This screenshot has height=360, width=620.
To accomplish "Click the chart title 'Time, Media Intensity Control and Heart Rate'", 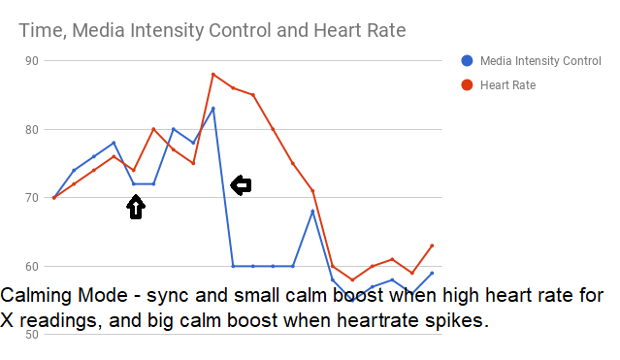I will [x=212, y=31].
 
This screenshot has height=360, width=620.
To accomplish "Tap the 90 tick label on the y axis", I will [x=32, y=61].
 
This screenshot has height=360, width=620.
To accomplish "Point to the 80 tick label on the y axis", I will [x=32, y=129].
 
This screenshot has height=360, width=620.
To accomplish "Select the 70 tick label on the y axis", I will [x=32, y=198].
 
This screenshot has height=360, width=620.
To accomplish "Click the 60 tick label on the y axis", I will [x=32, y=266].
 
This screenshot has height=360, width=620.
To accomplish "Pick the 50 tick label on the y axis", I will [x=32, y=335].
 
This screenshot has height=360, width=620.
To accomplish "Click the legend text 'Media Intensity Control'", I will [x=541, y=61].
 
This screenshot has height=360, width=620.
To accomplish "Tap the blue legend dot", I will [x=468, y=61].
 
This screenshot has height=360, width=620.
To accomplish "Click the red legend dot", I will [x=468, y=85].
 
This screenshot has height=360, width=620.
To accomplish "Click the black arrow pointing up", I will [x=136, y=206].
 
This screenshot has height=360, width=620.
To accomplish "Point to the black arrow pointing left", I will [x=240, y=185].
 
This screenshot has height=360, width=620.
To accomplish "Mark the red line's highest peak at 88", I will [x=213, y=74].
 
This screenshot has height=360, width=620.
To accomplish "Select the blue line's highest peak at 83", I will [x=213, y=108].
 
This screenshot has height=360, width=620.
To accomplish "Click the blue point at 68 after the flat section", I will [x=312, y=212].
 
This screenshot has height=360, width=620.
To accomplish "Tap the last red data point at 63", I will [x=432, y=245].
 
